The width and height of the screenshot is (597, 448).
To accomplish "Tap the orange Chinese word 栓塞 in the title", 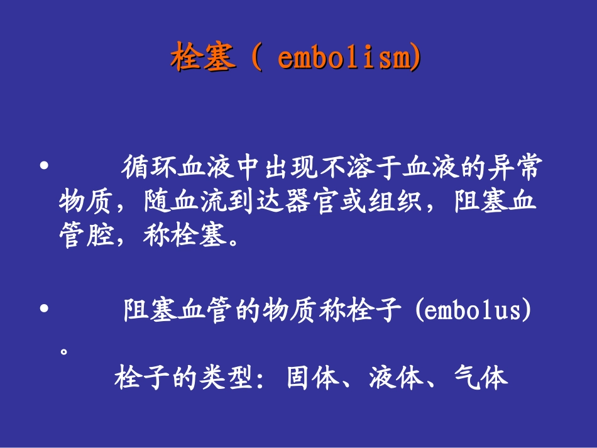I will (x=204, y=59).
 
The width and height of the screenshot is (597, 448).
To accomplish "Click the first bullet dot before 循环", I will (x=43, y=168).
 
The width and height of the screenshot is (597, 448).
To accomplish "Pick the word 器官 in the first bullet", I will (x=314, y=203).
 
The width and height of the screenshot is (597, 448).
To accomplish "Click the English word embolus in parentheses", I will (x=473, y=312).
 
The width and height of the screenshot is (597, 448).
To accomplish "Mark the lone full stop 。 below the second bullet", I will (x=63, y=351).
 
